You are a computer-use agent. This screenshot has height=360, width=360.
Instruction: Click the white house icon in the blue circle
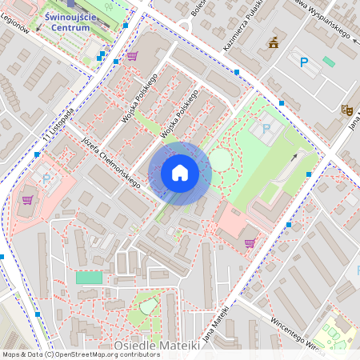[x=180, y=173]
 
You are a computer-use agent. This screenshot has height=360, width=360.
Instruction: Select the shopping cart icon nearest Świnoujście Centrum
[x=132, y=56]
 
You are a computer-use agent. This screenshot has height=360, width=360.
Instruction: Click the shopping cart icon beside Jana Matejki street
[x=250, y=242]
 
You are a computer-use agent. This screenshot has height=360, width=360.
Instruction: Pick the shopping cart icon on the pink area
[x=27, y=200]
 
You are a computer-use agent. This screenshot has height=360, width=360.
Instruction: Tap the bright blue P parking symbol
[x=303, y=62]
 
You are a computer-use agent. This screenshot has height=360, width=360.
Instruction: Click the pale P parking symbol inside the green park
[x=266, y=128]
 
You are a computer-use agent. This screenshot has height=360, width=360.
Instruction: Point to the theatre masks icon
[x=346, y=110]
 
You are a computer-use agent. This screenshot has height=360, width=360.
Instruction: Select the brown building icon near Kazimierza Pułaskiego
[x=274, y=42]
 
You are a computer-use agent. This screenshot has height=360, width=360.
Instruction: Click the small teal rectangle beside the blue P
[x=329, y=62]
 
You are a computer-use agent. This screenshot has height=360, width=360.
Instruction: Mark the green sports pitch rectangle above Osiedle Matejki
[x=90, y=278]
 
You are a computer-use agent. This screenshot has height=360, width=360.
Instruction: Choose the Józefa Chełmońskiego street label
[x=111, y=162]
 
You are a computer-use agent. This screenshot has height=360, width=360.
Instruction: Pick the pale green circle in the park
[x=219, y=160]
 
